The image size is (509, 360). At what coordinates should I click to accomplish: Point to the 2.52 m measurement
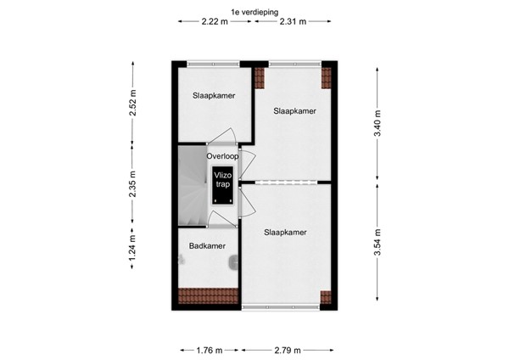(131, 102)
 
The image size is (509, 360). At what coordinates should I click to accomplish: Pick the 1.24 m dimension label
(131, 253)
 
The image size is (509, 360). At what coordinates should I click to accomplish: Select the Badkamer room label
(206, 247)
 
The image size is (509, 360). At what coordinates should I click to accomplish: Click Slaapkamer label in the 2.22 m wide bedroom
(213, 96)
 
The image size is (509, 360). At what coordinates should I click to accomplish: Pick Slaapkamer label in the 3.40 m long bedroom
(294, 111)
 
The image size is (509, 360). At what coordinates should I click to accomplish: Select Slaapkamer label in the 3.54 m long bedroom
(284, 231)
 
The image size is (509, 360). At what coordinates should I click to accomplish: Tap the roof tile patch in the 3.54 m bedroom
(325, 296)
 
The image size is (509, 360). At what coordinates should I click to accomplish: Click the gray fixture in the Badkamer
(233, 264)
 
